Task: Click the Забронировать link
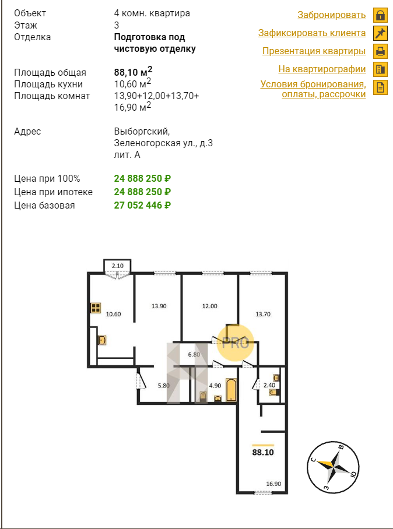[332, 15]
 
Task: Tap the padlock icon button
[380, 15]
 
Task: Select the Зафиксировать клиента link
[312, 33]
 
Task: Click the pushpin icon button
[380, 33]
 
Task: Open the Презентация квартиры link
[314, 51]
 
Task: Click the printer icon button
[380, 51]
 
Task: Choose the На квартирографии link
[322, 69]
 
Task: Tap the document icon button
[380, 87]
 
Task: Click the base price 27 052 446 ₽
[142, 205]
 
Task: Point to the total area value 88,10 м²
[133, 72]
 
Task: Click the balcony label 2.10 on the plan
[118, 266]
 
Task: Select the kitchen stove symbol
[96, 308]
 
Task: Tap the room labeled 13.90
[159, 306]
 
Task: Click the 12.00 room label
[210, 306]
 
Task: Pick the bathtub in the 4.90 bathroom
[231, 390]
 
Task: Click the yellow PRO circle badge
[235, 343]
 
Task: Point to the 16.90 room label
[273, 484]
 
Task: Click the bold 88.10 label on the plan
[263, 453]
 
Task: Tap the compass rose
[334, 468]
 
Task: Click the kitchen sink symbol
[102, 340]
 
